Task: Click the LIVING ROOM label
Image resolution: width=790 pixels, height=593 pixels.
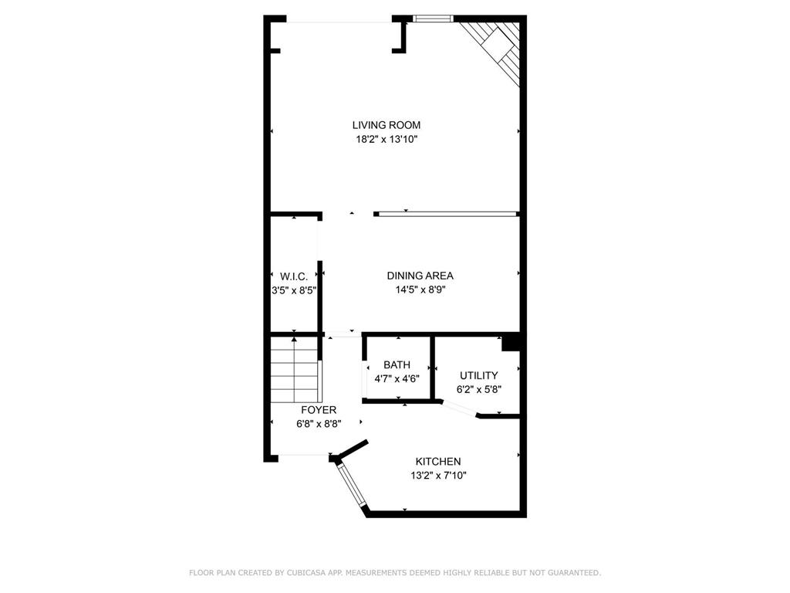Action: tap(387, 125)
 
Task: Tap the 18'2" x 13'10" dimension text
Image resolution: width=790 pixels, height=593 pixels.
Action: tap(387, 140)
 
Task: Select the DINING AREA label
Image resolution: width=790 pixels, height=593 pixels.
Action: tap(420, 276)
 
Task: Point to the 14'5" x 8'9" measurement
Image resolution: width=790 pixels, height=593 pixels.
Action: tap(420, 290)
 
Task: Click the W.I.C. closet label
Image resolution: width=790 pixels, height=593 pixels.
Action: tap(294, 276)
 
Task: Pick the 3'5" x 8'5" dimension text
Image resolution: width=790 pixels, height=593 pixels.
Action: tap(294, 291)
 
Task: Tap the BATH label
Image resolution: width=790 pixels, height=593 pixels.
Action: tap(397, 365)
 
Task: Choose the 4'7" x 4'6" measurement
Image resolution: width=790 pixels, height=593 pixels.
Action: tap(397, 379)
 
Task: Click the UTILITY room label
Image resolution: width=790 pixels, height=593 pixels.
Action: tap(478, 375)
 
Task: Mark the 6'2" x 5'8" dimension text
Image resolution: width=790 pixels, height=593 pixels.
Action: tap(478, 390)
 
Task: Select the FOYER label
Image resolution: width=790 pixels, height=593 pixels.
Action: tap(319, 410)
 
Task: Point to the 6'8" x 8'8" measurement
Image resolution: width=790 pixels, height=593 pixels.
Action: tap(319, 424)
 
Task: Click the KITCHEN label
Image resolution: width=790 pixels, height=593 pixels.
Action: tap(438, 462)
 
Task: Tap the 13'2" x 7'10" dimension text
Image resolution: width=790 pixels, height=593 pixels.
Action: tap(438, 476)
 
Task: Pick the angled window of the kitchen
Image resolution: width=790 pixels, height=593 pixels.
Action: tap(351, 486)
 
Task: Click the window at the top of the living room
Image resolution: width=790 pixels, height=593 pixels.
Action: tap(432, 19)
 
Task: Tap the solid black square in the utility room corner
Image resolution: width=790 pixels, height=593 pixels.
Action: tap(511, 342)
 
